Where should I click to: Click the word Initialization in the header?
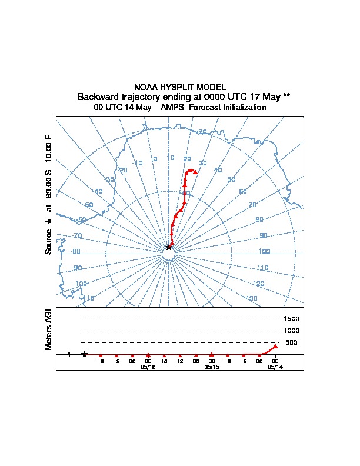click(241, 108)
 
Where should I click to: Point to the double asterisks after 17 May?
click(286, 96)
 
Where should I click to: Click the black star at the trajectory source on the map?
click(169, 248)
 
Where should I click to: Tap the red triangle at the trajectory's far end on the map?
click(195, 172)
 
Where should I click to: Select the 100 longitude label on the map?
click(264, 251)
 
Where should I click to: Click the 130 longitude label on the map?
click(252, 298)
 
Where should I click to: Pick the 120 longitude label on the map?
click(258, 284)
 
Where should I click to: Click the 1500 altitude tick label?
click(292, 319)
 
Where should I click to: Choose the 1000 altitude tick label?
click(292, 331)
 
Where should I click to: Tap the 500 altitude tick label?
click(291, 342)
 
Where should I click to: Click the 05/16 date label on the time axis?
click(148, 366)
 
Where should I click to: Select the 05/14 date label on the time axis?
click(275, 366)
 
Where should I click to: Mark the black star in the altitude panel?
click(85, 354)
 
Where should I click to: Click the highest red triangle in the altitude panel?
click(275, 347)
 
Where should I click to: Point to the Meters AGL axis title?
click(49, 329)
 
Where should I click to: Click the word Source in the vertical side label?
click(49, 241)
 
